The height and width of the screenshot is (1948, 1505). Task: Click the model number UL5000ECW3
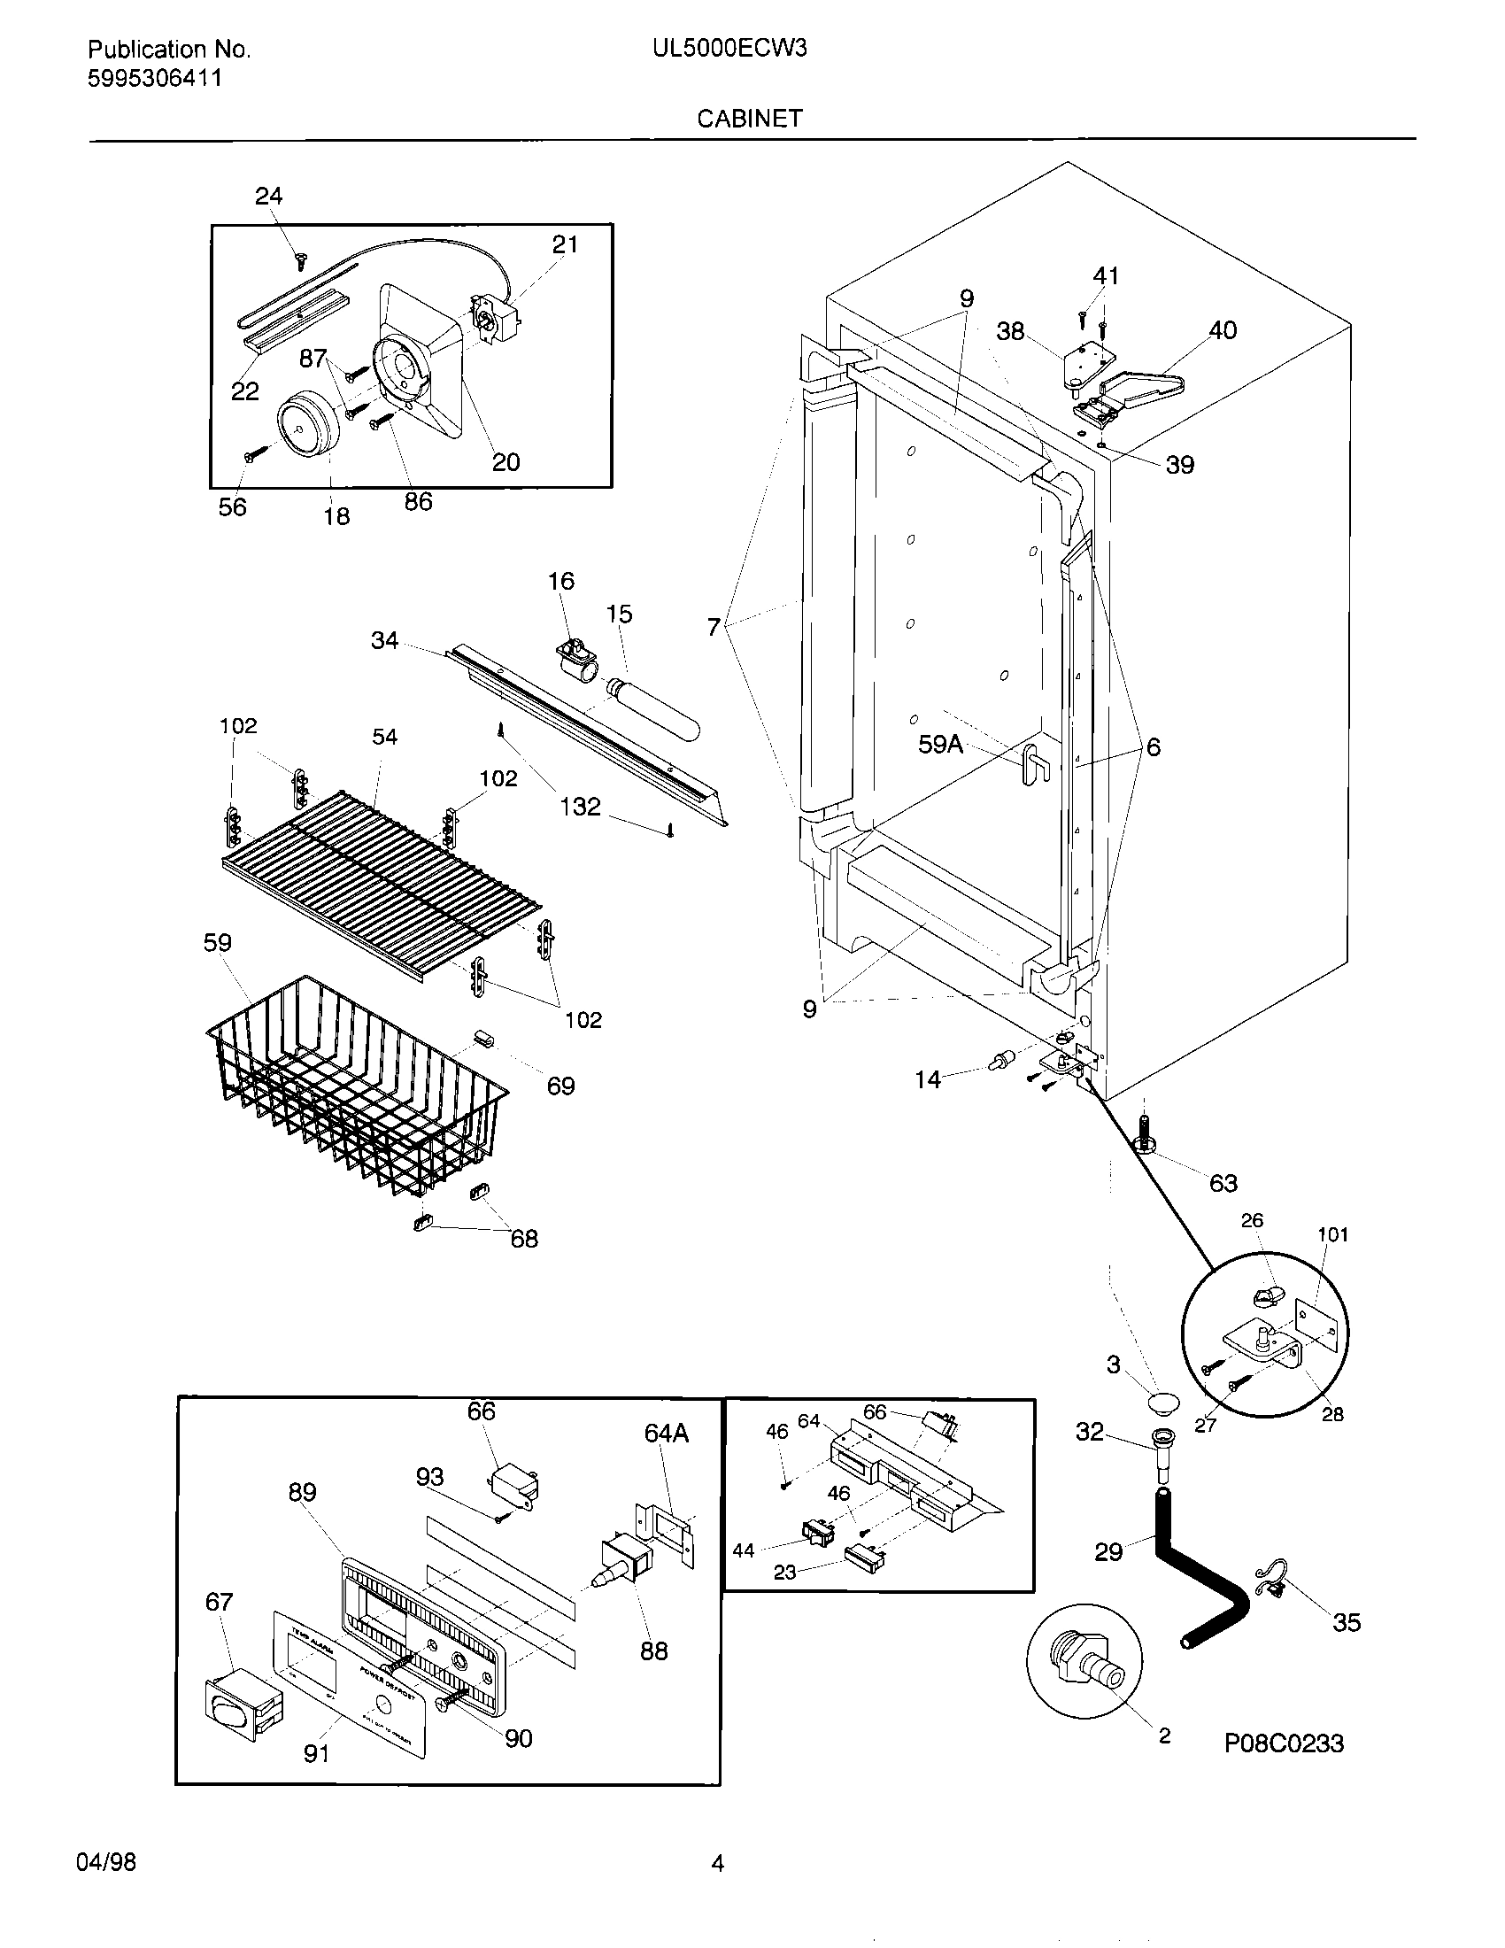pos(729,49)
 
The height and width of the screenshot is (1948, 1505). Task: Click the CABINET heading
pos(749,118)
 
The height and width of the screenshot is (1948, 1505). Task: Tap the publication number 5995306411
pos(154,79)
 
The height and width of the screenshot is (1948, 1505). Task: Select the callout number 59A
pos(940,744)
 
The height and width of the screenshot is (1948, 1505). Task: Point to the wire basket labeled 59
pos(357,1084)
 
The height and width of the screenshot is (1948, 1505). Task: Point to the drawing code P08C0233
pos(1284,1768)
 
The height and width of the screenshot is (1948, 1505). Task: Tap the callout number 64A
pos(667,1434)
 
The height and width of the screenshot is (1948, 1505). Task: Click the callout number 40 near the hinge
pos(1223,330)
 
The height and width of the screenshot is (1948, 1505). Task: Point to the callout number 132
pos(581,807)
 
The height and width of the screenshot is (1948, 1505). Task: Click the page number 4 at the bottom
pos(718,1862)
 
